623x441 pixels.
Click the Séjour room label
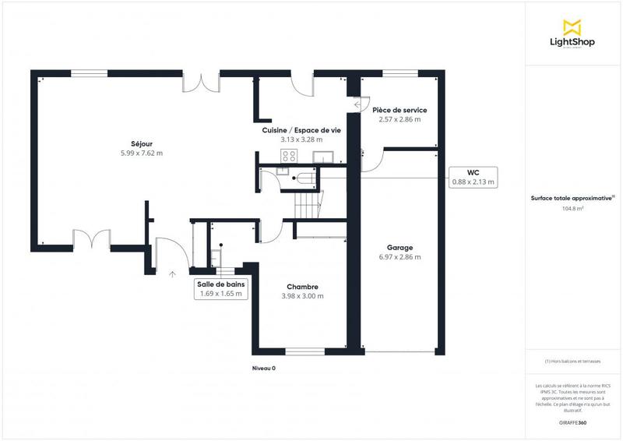click(x=141, y=143)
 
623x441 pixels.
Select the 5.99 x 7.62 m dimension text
click(x=141, y=153)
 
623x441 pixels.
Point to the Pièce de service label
click(x=399, y=111)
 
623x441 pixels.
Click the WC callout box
click(x=473, y=176)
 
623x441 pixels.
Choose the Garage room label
click(x=399, y=248)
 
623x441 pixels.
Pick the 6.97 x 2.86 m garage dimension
click(x=399, y=257)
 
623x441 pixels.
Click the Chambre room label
click(x=302, y=287)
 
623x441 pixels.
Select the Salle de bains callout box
click(x=222, y=289)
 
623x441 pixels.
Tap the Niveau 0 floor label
click(x=264, y=369)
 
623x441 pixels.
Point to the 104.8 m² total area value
click(x=573, y=209)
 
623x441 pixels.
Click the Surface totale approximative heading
click(x=572, y=198)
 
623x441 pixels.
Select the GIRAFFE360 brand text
click(x=572, y=422)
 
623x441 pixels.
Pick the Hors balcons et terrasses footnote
click(x=573, y=361)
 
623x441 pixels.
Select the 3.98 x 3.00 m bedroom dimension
click(x=302, y=296)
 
